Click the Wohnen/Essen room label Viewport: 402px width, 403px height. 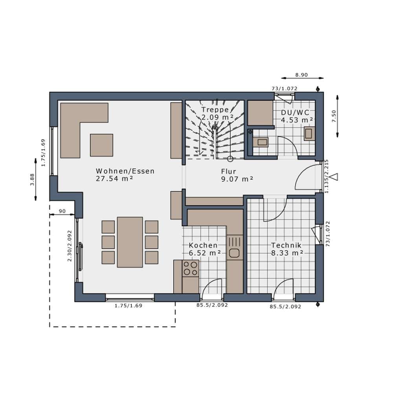(x=125, y=171)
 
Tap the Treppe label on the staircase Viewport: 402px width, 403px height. (x=215, y=110)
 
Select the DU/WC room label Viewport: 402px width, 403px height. (x=295, y=113)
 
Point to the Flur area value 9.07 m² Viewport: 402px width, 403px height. (x=237, y=179)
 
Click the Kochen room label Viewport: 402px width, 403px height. (x=203, y=245)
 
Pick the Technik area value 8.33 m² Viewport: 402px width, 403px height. (x=287, y=253)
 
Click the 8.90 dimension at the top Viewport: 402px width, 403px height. (x=301, y=75)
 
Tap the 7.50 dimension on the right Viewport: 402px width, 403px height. (x=334, y=116)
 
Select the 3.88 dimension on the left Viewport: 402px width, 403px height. (x=32, y=179)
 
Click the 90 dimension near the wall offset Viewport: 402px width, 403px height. (x=62, y=211)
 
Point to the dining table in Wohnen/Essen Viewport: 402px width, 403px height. (x=130, y=242)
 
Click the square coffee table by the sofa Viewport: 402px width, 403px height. (x=102, y=145)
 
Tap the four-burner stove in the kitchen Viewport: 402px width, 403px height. (x=191, y=268)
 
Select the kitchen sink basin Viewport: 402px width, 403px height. (x=234, y=253)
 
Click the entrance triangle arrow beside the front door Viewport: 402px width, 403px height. (x=334, y=177)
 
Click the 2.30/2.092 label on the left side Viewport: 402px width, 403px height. (x=70, y=246)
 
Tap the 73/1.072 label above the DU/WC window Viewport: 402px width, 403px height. (x=285, y=89)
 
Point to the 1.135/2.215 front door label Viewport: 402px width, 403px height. (x=327, y=176)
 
